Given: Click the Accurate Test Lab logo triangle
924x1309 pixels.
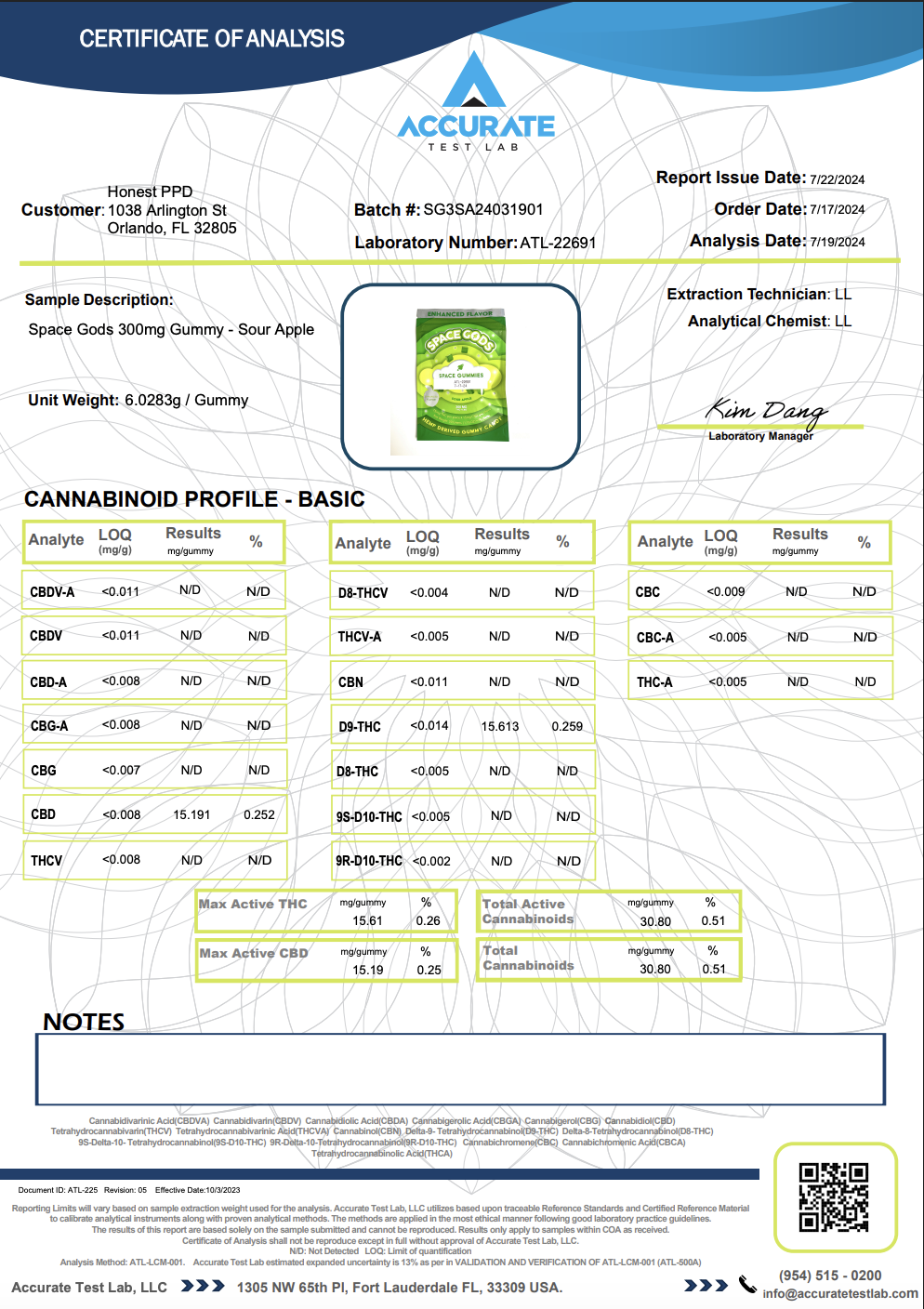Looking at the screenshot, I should tap(475, 84).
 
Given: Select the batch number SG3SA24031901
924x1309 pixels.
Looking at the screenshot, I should tap(483, 210).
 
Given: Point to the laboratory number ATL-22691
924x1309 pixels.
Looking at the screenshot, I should tap(558, 243).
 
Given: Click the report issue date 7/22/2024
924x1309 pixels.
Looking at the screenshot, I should tap(837, 179).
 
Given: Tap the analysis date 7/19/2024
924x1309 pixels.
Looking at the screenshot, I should tap(837, 242).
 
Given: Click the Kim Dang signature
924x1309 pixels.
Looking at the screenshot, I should tap(765, 410).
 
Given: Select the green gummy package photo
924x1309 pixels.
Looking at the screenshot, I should tap(461, 377).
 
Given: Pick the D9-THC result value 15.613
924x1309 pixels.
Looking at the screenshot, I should tap(500, 726).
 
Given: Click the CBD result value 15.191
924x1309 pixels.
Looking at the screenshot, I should tap(191, 814).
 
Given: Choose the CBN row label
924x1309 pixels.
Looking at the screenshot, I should tap(350, 682).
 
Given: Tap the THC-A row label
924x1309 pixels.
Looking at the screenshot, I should tap(654, 682).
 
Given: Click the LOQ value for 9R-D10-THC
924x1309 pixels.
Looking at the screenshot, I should tap(431, 862).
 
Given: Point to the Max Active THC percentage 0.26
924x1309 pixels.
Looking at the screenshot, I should tap(428, 920).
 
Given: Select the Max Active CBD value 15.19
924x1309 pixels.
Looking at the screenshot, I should tap(367, 970).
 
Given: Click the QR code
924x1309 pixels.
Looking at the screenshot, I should tap(834, 1197).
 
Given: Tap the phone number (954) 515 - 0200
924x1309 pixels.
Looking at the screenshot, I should tap(830, 1276).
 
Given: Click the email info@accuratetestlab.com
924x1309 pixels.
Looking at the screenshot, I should tap(840, 1293).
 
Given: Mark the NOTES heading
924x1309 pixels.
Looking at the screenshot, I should tap(84, 1022).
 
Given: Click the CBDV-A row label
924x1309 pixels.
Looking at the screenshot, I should tap(52, 592).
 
